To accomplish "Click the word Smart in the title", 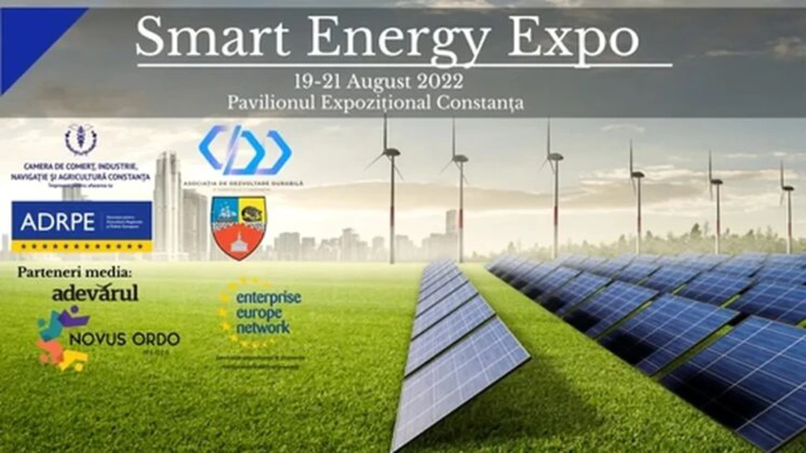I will point(201,38).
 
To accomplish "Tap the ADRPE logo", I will point(81,226).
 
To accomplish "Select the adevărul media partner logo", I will point(95,294).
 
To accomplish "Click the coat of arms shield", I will point(237,227).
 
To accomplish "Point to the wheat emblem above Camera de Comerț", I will point(81,140).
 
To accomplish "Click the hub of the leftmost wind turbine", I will point(392,152).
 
